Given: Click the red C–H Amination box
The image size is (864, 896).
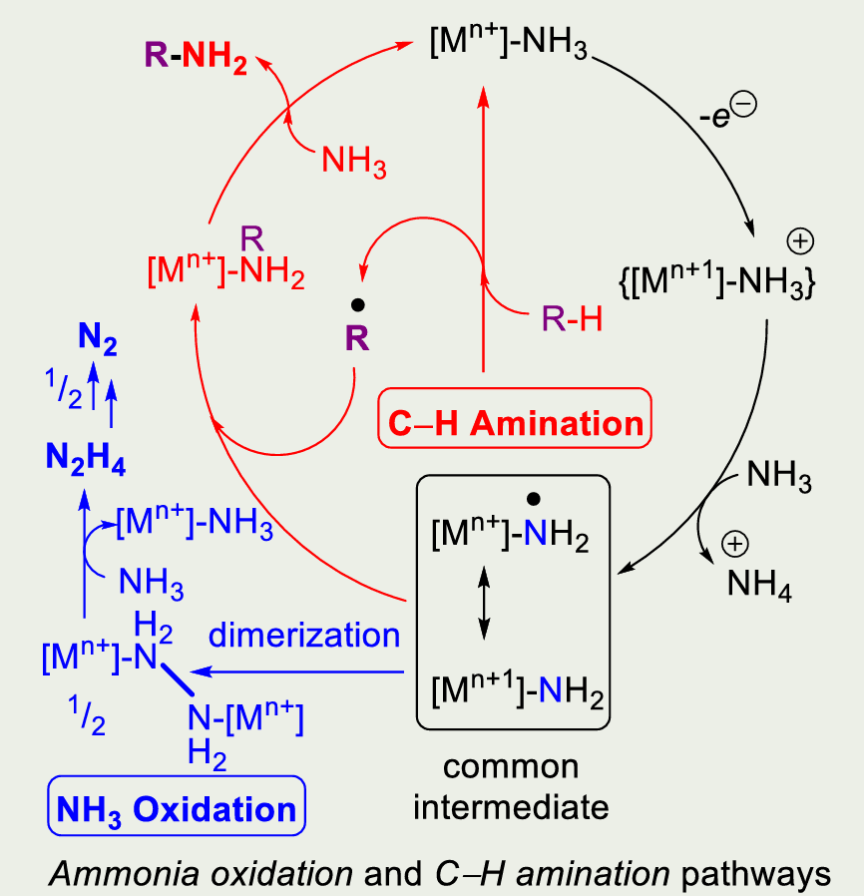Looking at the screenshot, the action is [x=514, y=418].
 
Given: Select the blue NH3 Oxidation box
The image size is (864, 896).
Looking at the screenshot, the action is [x=177, y=806].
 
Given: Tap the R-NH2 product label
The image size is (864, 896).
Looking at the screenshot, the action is [x=196, y=58].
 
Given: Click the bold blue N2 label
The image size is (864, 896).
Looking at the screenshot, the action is [x=98, y=338].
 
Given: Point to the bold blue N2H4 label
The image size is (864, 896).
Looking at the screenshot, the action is [x=86, y=459].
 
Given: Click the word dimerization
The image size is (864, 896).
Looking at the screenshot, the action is [x=304, y=635].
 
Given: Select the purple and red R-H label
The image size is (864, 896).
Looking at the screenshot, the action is [x=572, y=318].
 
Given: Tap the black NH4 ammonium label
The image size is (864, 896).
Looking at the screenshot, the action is [x=759, y=585].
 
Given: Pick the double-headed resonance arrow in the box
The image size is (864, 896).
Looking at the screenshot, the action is [x=484, y=603].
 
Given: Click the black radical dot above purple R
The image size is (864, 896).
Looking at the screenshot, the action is [x=358, y=305].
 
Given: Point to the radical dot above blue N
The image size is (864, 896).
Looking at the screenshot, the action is [x=534, y=499].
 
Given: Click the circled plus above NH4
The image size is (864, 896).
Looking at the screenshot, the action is [x=735, y=544].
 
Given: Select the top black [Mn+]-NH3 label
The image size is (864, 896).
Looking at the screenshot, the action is [x=509, y=42].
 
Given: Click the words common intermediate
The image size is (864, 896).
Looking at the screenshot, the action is [x=511, y=787].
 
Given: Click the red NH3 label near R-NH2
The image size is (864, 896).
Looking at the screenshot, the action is [x=354, y=162].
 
